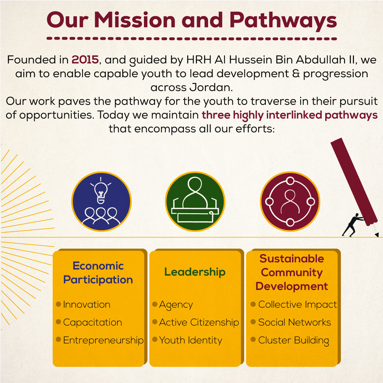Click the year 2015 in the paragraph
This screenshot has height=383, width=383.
tap(85, 60)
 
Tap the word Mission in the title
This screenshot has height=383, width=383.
tap(135, 20)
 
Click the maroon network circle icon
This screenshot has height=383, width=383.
tap(290, 201)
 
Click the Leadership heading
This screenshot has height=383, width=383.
tap(195, 272)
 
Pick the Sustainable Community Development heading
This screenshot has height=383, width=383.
tap(292, 272)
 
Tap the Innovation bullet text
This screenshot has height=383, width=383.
tap(87, 305)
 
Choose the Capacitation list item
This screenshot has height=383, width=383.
tap(93, 322)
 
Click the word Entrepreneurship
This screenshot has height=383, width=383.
tap(103, 341)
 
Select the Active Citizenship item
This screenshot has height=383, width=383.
tap(199, 323)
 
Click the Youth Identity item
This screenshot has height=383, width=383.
tap(191, 341)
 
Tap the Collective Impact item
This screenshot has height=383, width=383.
tap(297, 305)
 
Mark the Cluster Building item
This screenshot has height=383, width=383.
tap(294, 341)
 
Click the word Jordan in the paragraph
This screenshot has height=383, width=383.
tap(211, 87)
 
